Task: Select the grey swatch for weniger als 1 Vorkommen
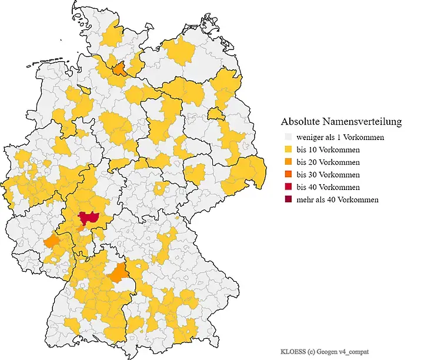[x=288, y=137]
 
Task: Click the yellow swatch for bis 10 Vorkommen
[x=288, y=149]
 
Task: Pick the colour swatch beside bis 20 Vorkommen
[x=288, y=162]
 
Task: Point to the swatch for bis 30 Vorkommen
[x=288, y=175]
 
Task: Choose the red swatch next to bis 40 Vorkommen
[x=288, y=187]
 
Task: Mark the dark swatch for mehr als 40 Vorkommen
[x=288, y=199]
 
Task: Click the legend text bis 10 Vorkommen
[x=328, y=149]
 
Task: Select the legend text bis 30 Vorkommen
[x=328, y=175]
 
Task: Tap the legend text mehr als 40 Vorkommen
[x=338, y=199]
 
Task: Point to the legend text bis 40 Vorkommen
[x=328, y=187]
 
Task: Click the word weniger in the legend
[x=310, y=137]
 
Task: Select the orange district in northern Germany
[x=119, y=69]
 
